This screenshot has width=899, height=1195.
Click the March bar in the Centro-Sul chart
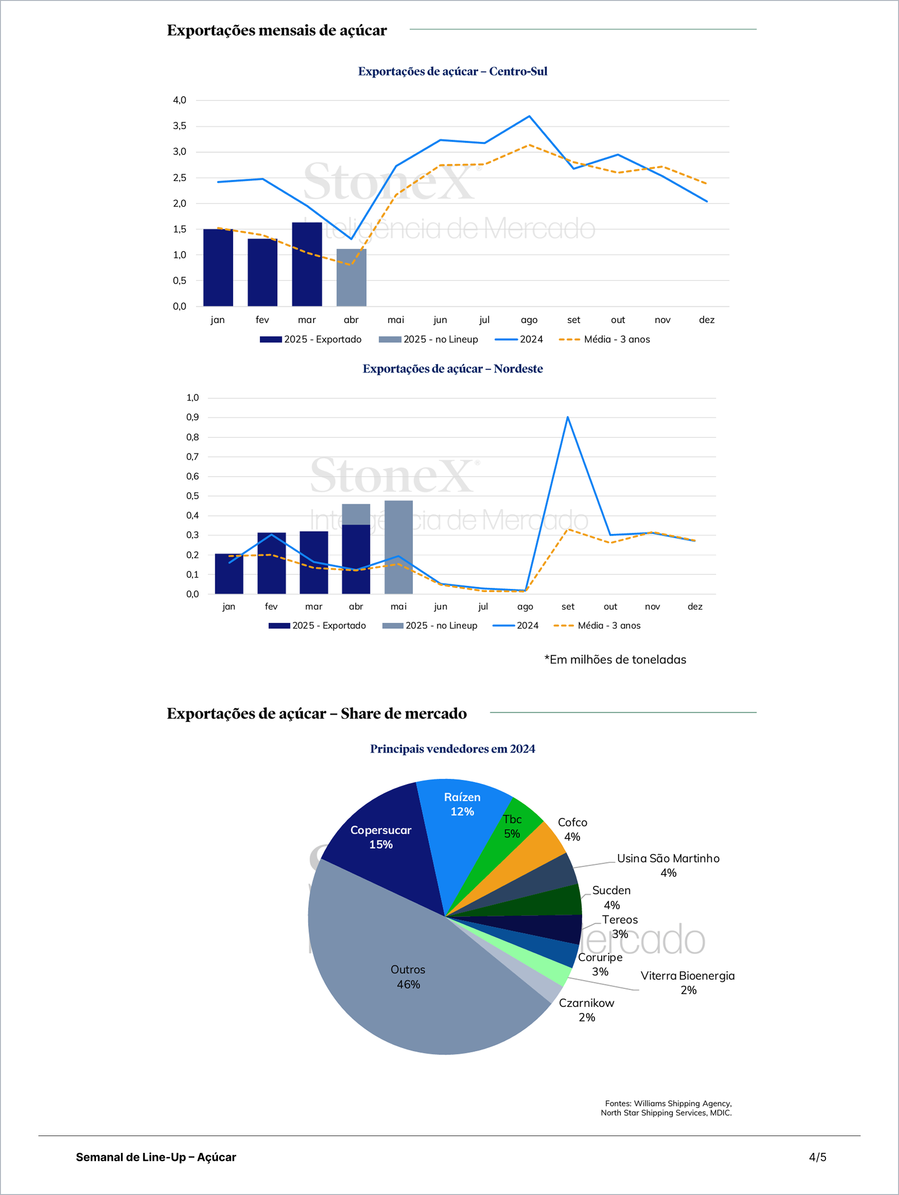(x=307, y=265)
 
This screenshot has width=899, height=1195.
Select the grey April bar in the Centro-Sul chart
(x=351, y=277)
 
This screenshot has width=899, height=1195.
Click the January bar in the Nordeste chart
(x=228, y=574)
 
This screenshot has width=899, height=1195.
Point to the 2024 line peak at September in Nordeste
(x=567, y=417)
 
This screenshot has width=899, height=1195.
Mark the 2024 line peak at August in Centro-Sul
(x=529, y=116)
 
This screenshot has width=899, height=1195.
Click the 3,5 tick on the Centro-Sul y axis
(x=179, y=126)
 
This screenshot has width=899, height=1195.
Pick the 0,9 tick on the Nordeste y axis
(x=192, y=417)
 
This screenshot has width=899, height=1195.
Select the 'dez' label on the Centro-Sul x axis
(x=707, y=320)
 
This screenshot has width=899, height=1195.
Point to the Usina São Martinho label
(x=668, y=865)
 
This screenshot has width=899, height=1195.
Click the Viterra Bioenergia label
(x=688, y=982)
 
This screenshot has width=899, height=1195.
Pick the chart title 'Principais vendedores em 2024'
(x=452, y=749)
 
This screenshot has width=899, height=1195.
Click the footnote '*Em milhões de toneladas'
(x=615, y=660)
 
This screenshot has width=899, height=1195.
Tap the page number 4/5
(x=818, y=1157)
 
